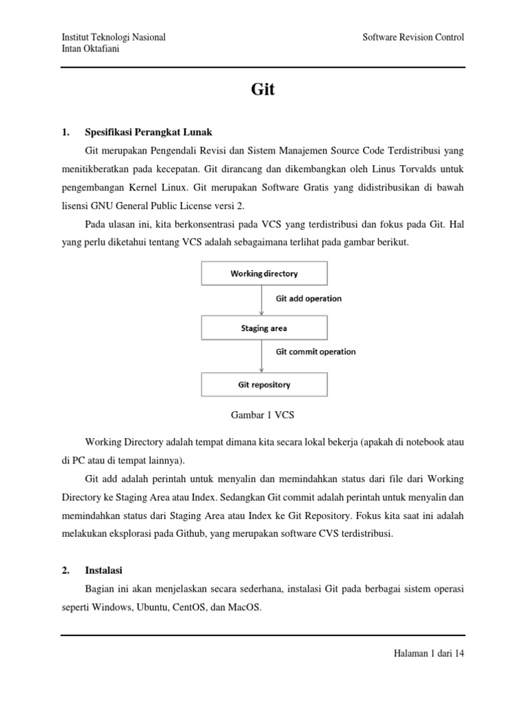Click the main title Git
coord(263,90)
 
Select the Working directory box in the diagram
coord(264,274)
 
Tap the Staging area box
coord(264,328)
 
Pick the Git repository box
coord(264,385)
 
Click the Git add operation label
coord(308,298)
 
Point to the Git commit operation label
coord(316,352)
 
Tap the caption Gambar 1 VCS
coord(263,415)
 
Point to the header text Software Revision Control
coord(413,37)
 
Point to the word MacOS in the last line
coord(245,607)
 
